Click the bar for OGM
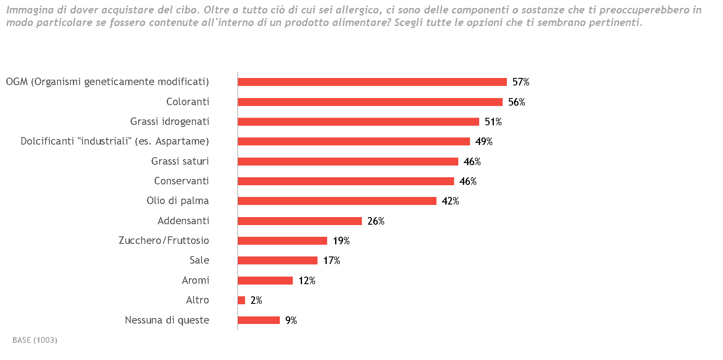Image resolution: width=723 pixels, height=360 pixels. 372,82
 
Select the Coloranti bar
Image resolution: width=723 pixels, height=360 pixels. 370,102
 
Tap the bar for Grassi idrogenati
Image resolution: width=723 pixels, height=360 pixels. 358,122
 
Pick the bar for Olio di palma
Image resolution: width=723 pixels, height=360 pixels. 337,201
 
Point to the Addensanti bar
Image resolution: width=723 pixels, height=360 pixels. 300,221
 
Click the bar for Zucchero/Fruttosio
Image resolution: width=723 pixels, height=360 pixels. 282,241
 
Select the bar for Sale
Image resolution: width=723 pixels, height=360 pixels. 277,261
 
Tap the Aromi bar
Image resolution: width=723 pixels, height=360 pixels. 265,280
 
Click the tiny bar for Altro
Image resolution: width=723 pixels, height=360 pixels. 241,300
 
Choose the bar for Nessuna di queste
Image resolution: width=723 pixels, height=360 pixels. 258,320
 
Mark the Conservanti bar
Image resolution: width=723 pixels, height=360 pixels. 346,181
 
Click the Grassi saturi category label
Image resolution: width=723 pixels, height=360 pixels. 180,161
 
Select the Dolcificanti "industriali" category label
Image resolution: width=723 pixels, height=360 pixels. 115,141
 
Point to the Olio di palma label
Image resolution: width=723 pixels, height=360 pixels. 178,201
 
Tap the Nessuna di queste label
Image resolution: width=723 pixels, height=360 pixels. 167,320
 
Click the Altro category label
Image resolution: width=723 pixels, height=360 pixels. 197,300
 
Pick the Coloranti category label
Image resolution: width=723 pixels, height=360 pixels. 188,102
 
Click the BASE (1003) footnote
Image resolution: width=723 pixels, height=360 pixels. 35,340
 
